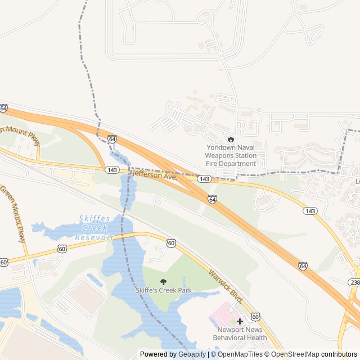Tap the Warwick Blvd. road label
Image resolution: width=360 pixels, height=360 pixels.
pyautogui.click(x=223, y=285)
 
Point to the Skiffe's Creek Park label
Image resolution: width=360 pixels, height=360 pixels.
pyautogui.click(x=164, y=290)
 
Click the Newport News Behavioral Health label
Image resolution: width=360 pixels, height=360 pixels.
pyautogui.click(x=240, y=334)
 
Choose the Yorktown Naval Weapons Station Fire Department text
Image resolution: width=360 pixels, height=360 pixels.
pyautogui.click(x=230, y=155)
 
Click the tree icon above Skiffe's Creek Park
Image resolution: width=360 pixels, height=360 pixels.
pyautogui.click(x=164, y=281)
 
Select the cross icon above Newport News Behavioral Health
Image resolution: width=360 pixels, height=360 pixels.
pyautogui.click(x=240, y=321)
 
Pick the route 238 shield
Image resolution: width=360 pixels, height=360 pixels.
pyautogui.click(x=354, y=282)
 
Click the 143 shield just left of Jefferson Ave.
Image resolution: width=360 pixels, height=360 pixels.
pyautogui.click(x=112, y=169)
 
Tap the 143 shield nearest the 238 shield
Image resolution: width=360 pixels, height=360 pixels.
pyautogui.click(x=309, y=210)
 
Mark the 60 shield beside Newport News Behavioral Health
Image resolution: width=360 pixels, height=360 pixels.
pyautogui.click(x=255, y=317)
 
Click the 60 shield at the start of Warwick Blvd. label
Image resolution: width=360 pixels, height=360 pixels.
pyautogui.click(x=171, y=242)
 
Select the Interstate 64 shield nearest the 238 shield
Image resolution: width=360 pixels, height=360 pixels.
pyautogui.click(x=303, y=265)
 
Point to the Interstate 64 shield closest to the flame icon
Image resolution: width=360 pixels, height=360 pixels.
pyautogui.click(x=212, y=199)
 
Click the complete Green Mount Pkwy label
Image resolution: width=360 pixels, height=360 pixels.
pyautogui.click(x=13, y=214)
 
